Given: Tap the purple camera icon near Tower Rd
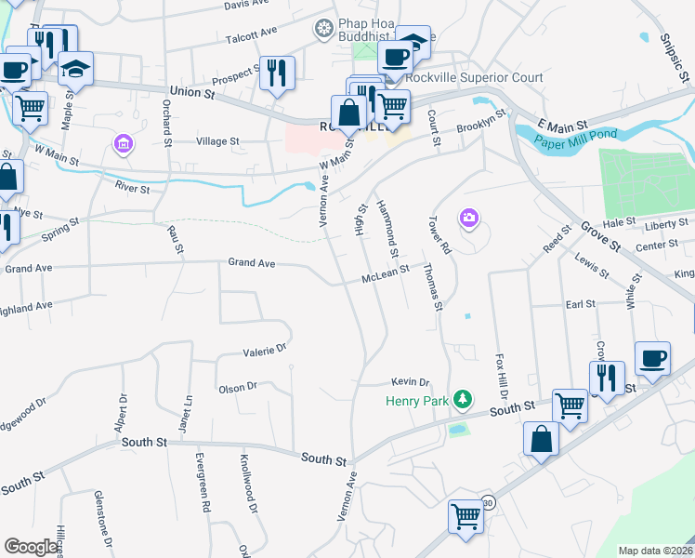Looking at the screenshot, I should pos(469,218).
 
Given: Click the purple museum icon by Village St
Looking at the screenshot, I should pos(123,144).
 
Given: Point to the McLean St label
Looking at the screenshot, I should pos(386,275).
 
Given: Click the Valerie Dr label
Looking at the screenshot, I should pos(264,352).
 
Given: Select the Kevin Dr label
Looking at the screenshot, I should pos(410,382).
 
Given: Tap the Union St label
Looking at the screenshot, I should pos(192,93).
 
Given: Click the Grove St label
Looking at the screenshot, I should pos(600,235).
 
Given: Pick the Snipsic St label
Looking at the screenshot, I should pos(673,51).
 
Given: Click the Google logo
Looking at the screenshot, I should pos(32,546).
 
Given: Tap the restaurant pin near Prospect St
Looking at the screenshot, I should pos(276,73).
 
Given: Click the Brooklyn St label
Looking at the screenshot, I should pos(479,121).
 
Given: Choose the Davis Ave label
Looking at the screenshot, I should pos(245,5).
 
